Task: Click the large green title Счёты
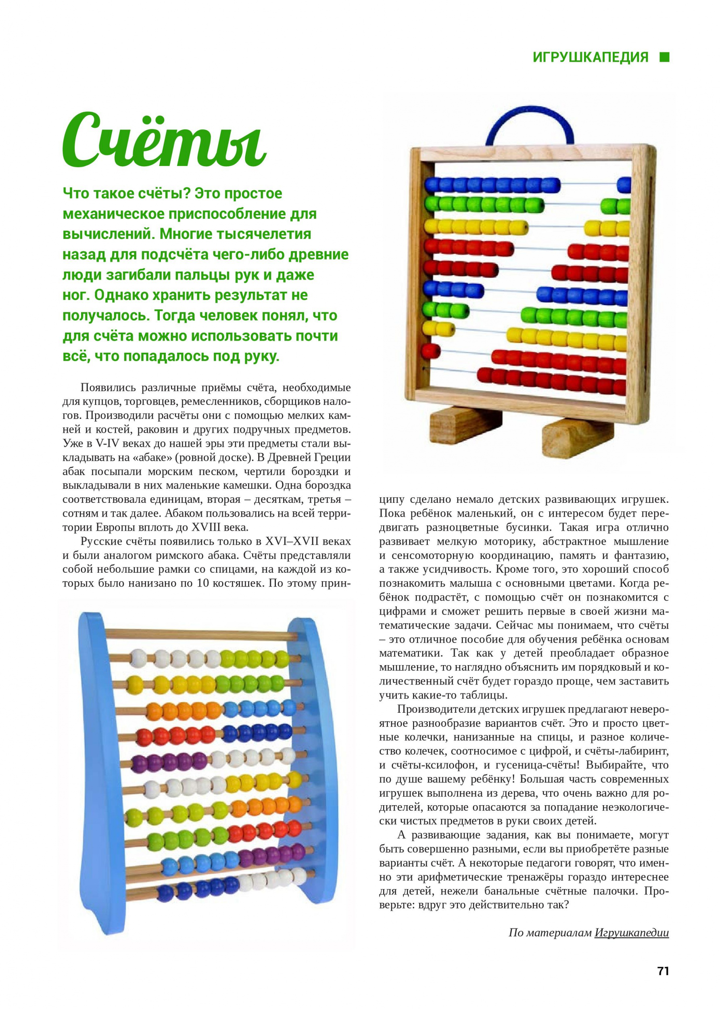164,142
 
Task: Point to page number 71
663,971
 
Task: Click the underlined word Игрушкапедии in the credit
631,933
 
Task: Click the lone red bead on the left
431,350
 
